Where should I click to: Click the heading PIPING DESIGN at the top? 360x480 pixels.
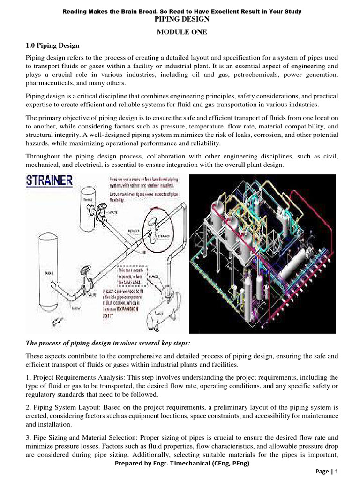tap(180, 19)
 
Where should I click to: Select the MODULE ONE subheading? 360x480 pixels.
tap(180, 32)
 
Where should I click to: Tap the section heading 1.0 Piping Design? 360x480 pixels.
tap(52, 45)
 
